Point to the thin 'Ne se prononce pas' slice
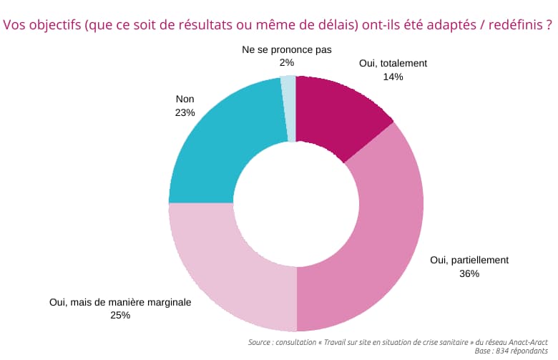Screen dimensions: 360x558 [289, 107]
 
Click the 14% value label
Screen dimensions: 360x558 [393, 77]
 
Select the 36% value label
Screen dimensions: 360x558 [469, 273]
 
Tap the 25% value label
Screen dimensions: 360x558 [120, 315]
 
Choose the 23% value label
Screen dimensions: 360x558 [185, 112]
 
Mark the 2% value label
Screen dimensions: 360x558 [287, 63]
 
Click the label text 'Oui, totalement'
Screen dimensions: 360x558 [393, 63]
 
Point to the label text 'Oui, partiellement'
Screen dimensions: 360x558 [469, 260]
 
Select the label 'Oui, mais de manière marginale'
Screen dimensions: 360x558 [120, 302]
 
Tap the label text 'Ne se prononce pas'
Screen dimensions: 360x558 [287, 49]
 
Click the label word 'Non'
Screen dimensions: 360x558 [185, 99]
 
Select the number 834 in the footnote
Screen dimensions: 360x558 [500, 351]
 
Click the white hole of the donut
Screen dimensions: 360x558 [296, 204]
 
